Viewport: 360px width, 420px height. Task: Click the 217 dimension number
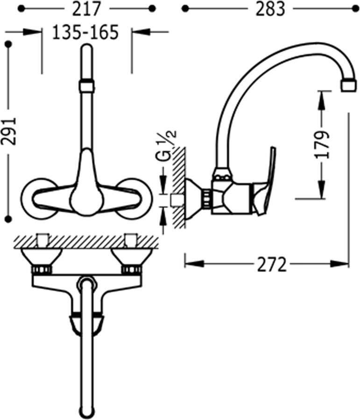pos(86,9)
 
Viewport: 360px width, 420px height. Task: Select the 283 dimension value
pos(270,9)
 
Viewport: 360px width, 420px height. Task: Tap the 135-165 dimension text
pos(85,32)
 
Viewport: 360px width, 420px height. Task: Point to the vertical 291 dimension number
pos(9,131)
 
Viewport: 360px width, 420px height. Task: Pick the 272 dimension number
pos(272,265)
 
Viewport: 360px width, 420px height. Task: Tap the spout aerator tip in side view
pos(349,85)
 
